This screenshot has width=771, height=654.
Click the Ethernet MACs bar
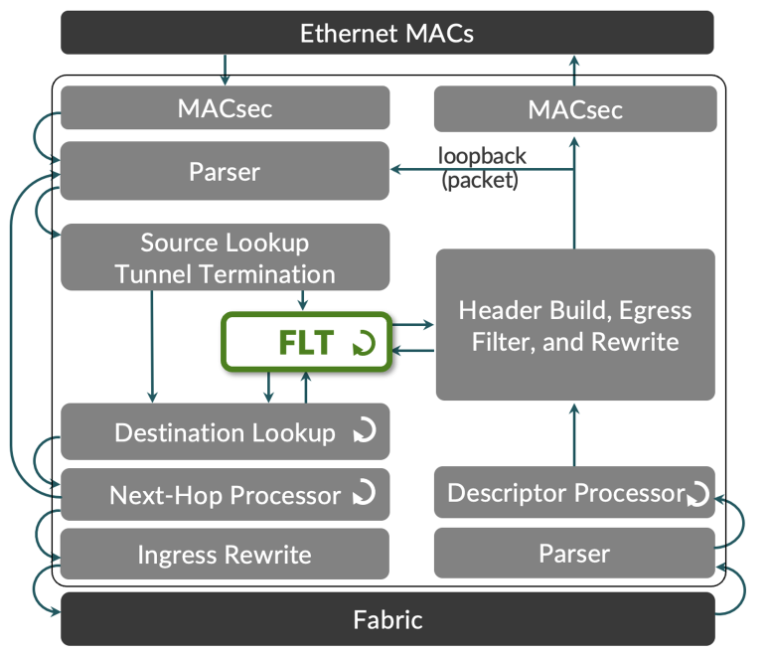click(x=387, y=33)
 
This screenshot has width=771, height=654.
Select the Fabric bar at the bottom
click(x=387, y=620)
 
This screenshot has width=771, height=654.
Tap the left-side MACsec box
click(x=225, y=108)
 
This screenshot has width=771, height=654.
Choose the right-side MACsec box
click(x=575, y=109)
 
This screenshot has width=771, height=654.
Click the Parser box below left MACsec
click(x=225, y=171)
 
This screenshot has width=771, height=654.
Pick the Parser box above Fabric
click(x=575, y=554)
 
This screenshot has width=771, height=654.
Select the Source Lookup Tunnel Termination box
click(x=225, y=257)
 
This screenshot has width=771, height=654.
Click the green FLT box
click(x=307, y=343)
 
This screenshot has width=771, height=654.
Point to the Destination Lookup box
click(x=225, y=432)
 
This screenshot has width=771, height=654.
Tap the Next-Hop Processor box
click(x=225, y=494)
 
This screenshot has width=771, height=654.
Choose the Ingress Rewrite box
click(x=225, y=555)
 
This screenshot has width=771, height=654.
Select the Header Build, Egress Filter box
click(x=575, y=325)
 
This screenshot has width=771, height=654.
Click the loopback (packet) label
click(x=482, y=167)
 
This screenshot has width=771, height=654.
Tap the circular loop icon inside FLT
click(x=364, y=344)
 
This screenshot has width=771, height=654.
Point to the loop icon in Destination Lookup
click(x=365, y=431)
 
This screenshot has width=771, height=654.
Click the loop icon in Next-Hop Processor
click(x=365, y=493)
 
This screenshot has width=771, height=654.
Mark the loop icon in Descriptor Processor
click(x=698, y=493)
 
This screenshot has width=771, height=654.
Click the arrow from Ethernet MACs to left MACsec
click(x=225, y=69)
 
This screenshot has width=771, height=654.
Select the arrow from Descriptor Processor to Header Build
click(x=574, y=433)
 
